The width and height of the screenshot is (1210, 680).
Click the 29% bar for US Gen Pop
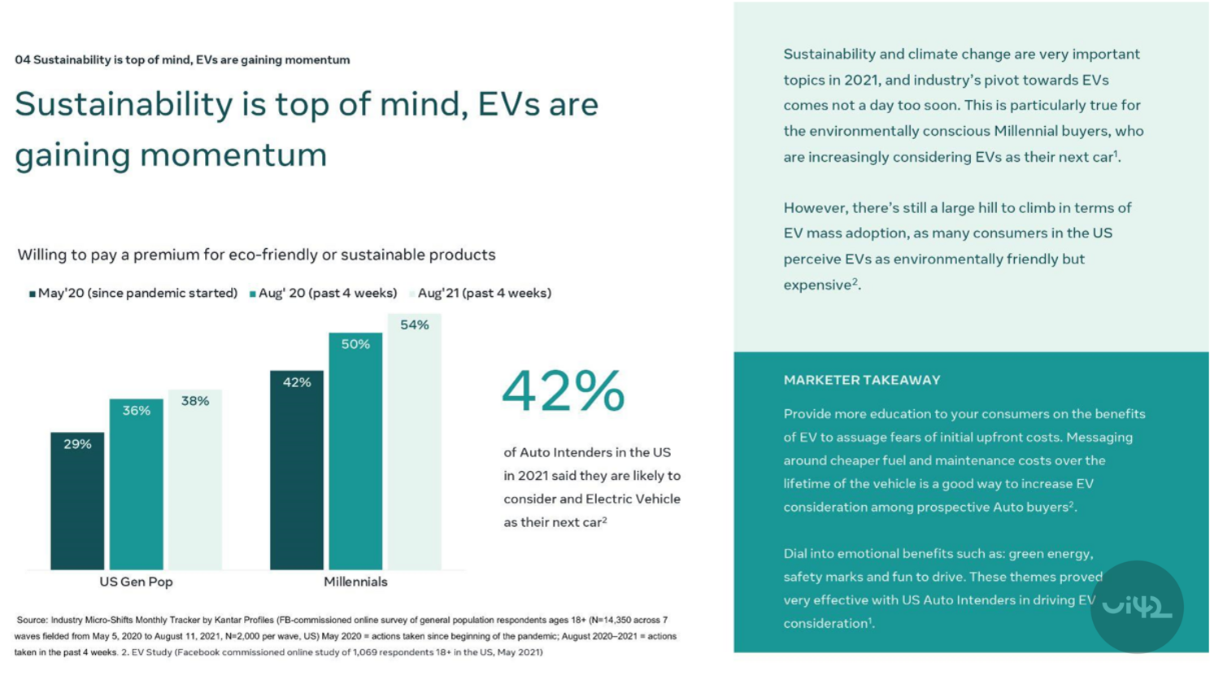[77, 500]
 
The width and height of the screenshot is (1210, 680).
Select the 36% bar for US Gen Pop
[136, 484]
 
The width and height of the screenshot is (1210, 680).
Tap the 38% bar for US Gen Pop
[195, 479]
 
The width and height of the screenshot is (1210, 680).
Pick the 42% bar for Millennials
[297, 469]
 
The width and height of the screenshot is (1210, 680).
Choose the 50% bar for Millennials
[355, 451]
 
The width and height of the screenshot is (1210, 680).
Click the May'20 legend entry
[133, 293]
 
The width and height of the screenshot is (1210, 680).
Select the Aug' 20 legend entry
[324, 293]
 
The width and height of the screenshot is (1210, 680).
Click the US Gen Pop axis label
[136, 582]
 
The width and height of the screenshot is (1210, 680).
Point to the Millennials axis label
[355, 582]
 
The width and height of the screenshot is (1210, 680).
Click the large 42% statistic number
[563, 391]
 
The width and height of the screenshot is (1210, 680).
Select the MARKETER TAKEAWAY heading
[862, 380]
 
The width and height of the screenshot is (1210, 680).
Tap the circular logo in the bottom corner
[1137, 607]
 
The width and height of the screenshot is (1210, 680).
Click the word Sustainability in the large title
[124, 104]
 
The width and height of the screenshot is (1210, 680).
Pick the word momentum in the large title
[233, 155]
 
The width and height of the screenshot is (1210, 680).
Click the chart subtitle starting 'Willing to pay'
[256, 255]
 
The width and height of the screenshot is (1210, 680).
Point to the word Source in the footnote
[32, 620]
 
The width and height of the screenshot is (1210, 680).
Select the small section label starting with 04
[182, 59]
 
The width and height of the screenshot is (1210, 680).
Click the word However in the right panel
[816, 207]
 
